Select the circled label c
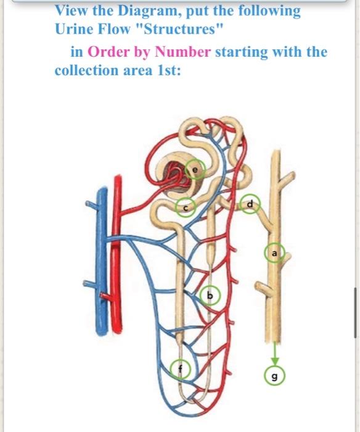[186, 209]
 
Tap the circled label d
[250, 204]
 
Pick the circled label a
[275, 253]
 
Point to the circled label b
[210, 297]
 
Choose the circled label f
[180, 369]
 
